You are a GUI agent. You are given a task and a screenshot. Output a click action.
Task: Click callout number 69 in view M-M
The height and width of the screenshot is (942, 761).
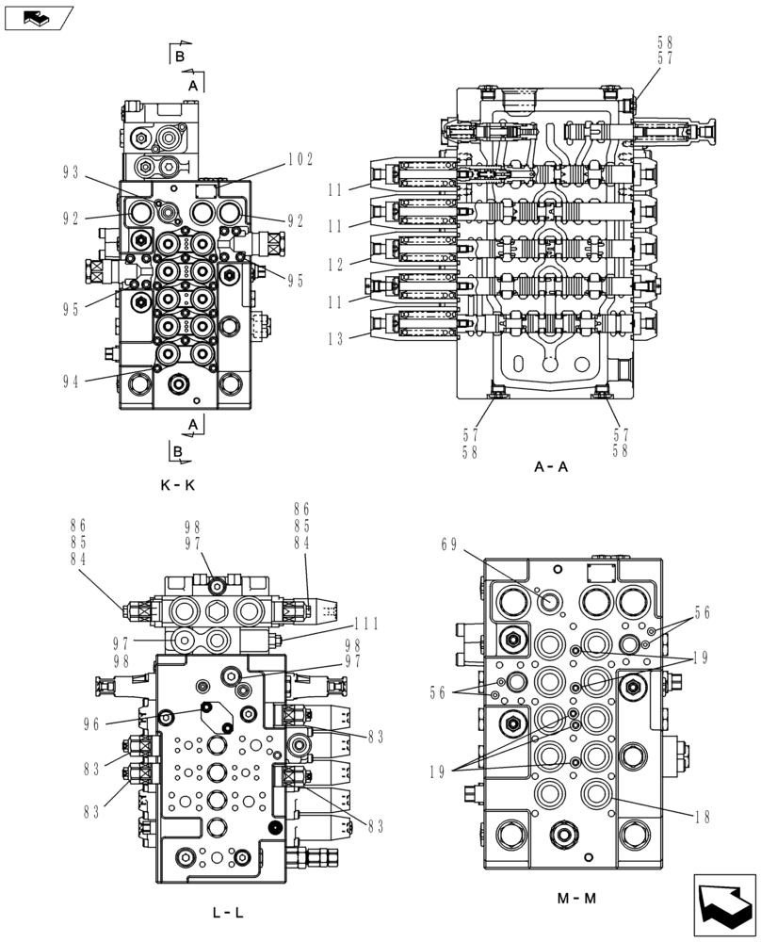449,544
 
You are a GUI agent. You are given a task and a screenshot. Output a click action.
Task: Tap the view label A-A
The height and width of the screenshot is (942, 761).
551,465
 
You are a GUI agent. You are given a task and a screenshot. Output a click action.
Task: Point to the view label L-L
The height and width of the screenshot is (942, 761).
230,913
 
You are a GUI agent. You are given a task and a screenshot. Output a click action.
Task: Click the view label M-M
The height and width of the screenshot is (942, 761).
576,898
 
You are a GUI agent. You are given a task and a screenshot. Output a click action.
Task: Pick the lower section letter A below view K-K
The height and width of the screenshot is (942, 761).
193,427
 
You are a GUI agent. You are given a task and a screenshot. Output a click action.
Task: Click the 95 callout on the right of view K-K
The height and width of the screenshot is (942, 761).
296,280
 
